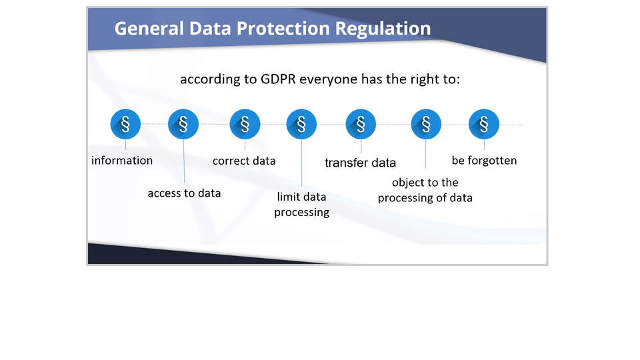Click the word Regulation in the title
383,29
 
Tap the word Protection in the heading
283,29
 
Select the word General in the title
149,29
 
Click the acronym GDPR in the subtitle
278,79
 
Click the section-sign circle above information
125,124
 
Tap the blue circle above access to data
183,124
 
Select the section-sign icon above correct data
245,124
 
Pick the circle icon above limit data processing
301,124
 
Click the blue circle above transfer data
361,124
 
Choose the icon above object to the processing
426,124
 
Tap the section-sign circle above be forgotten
484,124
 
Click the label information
122,161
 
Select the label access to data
184,193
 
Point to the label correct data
244,161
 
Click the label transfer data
361,163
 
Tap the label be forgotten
484,161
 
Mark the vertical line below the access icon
184,161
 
